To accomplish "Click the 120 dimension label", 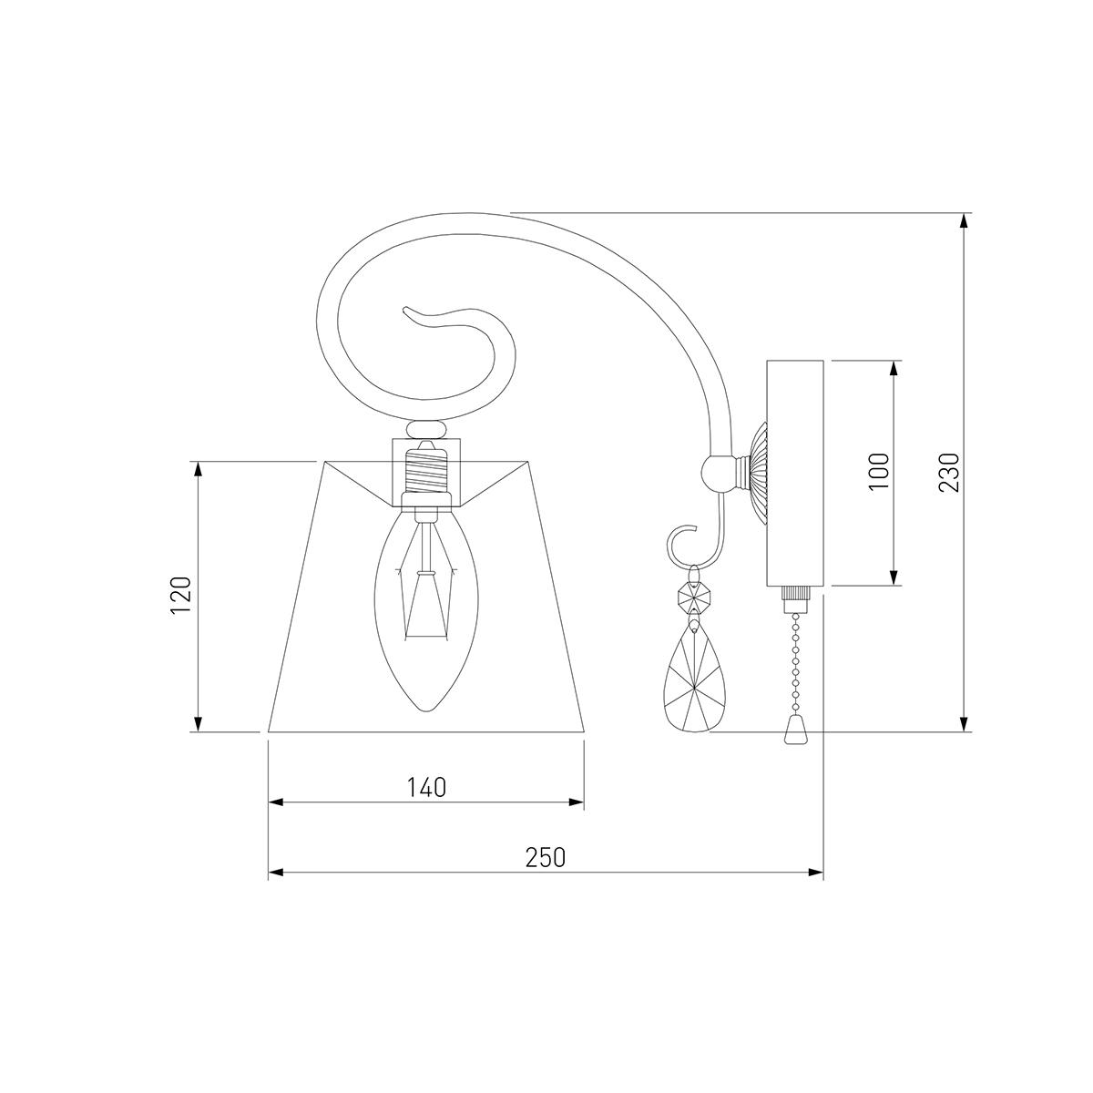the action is tap(181, 595).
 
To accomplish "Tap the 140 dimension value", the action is tap(426, 787).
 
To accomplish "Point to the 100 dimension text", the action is tap(879, 472).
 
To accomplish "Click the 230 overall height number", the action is tap(949, 472).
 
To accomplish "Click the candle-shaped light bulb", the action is tap(426, 608).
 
